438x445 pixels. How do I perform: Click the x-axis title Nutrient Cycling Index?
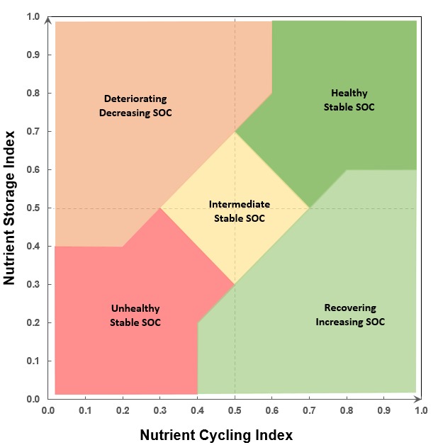tap(215, 434)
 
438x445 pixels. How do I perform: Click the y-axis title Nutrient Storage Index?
tap(9, 207)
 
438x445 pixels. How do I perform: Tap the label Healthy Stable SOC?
tap(349, 100)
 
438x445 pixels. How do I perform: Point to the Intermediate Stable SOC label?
tap(239, 211)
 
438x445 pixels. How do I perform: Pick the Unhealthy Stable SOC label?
tap(135, 315)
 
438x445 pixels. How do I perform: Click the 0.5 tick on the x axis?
tap(235, 410)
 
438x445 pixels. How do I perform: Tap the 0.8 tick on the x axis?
tap(347, 410)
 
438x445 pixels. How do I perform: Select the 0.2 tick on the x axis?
tap(123, 410)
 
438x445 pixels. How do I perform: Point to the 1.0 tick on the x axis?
tap(420, 410)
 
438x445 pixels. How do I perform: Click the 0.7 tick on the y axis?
tap(33, 132)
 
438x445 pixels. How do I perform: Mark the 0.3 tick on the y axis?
tap(33, 285)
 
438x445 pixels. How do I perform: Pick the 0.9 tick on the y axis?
tap(33, 55)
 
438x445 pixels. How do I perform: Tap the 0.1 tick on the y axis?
tap(33, 361)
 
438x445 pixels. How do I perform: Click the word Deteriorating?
tap(135, 99)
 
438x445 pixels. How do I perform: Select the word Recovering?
tap(350, 308)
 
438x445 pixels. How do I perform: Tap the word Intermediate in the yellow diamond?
tap(239, 205)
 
